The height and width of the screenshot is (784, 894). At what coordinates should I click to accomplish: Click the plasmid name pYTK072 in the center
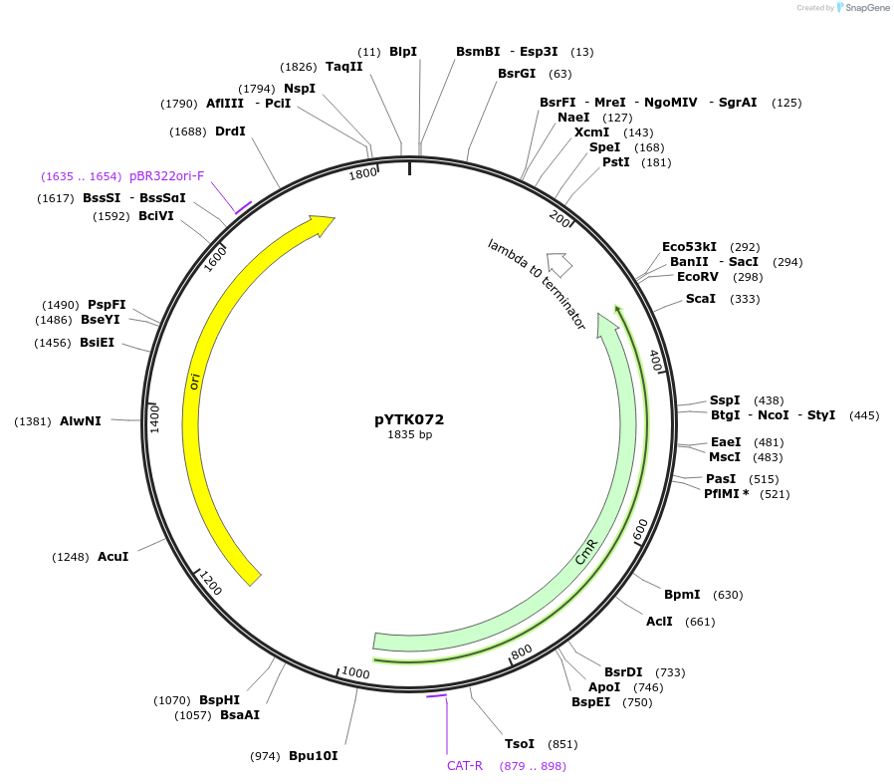click(x=409, y=419)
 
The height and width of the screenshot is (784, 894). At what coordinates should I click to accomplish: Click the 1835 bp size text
click(x=409, y=434)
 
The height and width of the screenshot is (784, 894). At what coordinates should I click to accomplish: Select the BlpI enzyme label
click(x=403, y=51)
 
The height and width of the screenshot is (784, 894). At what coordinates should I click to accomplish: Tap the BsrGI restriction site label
click(x=517, y=74)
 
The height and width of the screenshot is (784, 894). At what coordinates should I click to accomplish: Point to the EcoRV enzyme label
click(x=697, y=277)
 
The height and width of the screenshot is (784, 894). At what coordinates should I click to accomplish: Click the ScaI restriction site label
click(x=701, y=299)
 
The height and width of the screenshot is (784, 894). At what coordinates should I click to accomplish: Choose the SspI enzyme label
click(x=725, y=399)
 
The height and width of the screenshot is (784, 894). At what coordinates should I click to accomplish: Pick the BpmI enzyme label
click(x=682, y=595)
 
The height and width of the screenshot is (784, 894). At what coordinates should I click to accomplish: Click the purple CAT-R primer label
click(x=465, y=766)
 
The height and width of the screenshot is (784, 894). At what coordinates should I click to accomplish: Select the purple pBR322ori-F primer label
click(x=167, y=176)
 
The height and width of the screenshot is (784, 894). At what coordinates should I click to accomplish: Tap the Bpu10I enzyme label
click(x=314, y=756)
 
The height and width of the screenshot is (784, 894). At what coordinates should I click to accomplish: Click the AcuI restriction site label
click(x=112, y=556)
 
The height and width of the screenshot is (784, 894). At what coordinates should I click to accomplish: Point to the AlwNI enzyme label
click(x=81, y=421)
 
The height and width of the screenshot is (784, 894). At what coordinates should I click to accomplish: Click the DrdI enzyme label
click(x=230, y=131)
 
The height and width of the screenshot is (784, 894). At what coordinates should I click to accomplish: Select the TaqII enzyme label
click(x=344, y=67)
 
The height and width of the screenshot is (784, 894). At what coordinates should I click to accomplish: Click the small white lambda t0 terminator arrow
click(x=559, y=264)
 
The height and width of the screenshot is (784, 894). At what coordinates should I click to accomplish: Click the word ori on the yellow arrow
click(x=195, y=382)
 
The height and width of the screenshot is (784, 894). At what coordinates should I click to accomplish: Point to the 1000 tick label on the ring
click(x=355, y=673)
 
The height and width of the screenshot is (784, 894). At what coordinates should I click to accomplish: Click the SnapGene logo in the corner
click(x=859, y=8)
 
